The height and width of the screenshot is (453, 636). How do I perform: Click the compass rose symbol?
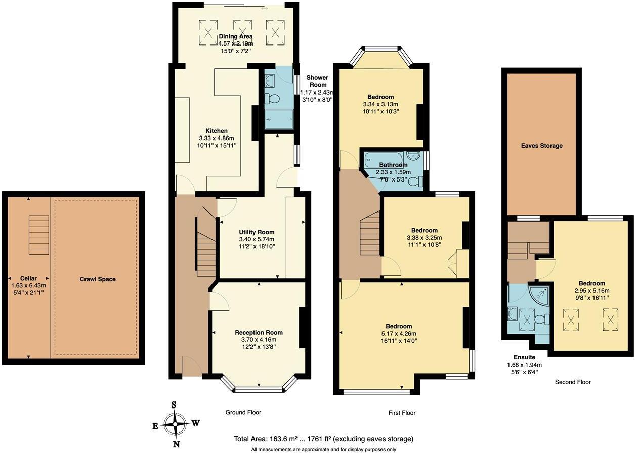[176, 423]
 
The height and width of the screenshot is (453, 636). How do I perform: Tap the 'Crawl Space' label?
[97, 279]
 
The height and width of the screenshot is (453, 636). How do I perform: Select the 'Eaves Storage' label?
[541, 146]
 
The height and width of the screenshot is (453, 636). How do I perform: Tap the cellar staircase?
[38, 232]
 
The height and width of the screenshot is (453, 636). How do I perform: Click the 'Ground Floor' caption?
[243, 412]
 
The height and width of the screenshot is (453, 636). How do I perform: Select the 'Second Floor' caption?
[573, 382]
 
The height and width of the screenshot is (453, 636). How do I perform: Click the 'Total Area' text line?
[323, 439]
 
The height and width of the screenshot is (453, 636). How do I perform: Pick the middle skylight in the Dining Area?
[241, 29]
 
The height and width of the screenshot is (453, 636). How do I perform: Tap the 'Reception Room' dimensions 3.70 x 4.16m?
[259, 340]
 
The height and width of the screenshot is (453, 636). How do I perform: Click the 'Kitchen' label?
[216, 131]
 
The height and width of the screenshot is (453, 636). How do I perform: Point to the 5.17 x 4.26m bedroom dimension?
[399, 334]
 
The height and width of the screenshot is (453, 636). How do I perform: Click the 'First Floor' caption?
[402, 413]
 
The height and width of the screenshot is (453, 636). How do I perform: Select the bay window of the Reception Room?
[259, 387]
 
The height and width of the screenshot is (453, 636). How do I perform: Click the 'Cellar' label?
[28, 278]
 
